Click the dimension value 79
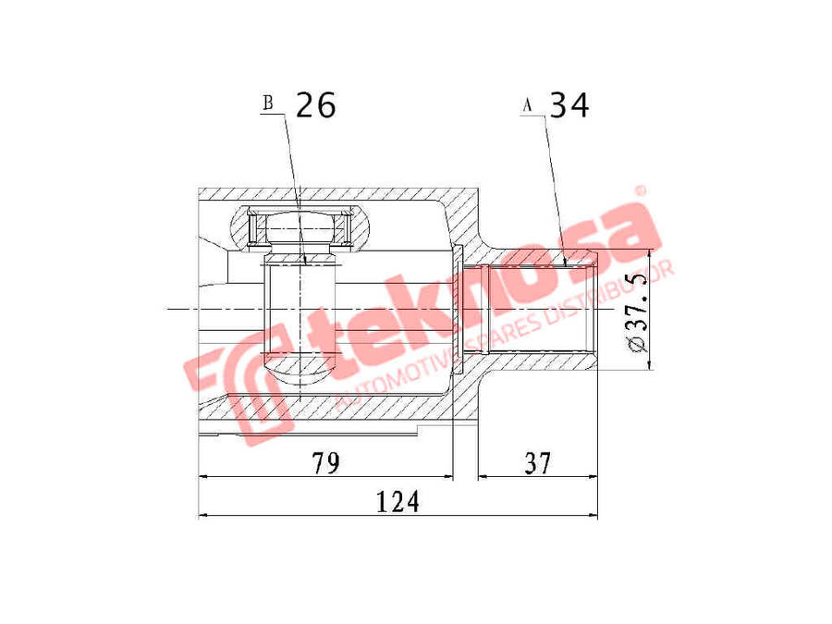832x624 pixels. click(x=325, y=463)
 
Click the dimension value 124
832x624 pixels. click(x=398, y=501)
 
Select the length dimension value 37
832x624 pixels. click(x=537, y=463)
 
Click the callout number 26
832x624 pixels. click(x=315, y=104)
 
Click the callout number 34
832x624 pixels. click(x=569, y=104)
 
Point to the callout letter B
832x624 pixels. click(x=268, y=103)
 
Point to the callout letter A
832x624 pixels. click(x=527, y=105)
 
